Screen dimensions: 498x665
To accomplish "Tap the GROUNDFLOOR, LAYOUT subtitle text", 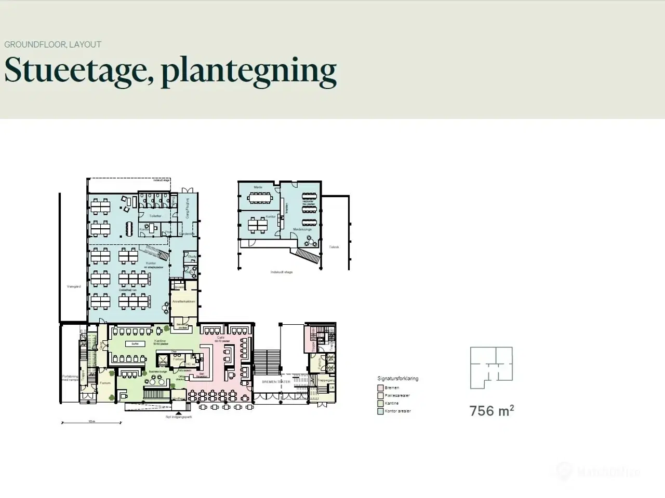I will tap(52, 45).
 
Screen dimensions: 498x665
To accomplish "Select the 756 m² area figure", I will tap(491, 411).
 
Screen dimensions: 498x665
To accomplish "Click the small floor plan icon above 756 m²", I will tap(491, 368).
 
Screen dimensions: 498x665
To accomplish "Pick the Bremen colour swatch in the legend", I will tap(380, 388).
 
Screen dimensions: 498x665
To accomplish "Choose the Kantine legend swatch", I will tap(380, 404).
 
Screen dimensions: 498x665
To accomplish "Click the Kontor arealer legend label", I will tap(397, 411).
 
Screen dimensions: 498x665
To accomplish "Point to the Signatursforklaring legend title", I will tap(397, 379).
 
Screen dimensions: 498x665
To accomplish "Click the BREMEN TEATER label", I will tap(276, 382).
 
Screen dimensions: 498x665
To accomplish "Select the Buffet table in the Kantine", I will tap(135, 344).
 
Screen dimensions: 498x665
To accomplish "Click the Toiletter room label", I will tap(155, 216).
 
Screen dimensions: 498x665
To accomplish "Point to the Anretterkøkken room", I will tap(183, 301).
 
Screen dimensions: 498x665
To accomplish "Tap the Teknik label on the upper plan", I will tap(334, 247).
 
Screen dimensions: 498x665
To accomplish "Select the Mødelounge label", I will tap(302, 229).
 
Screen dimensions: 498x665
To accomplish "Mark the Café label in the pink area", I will tap(221, 337).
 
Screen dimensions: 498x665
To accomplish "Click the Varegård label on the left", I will tap(74, 286).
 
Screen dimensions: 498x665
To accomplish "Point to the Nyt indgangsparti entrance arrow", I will tap(179, 412).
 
